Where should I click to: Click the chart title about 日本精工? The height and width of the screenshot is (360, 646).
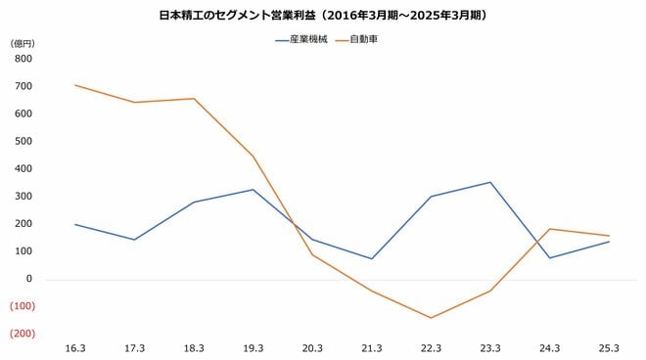[323, 16]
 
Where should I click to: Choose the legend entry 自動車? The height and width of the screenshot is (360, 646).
[362, 41]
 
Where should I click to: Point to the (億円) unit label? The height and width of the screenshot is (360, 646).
[23, 43]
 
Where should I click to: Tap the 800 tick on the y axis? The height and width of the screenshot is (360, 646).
[24, 59]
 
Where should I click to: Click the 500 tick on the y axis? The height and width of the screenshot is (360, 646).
[24, 141]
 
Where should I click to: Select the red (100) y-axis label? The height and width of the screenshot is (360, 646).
[23, 306]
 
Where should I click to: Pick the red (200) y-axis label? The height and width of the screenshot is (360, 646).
[23, 334]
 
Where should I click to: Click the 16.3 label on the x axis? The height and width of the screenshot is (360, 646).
[75, 348]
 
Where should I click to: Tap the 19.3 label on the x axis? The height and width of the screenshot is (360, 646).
[254, 348]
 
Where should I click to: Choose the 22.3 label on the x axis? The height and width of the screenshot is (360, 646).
[431, 348]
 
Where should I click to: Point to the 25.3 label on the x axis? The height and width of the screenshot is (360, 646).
[609, 348]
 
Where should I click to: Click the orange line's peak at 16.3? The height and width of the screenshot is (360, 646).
[75, 85]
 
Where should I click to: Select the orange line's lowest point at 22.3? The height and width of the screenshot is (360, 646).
[431, 318]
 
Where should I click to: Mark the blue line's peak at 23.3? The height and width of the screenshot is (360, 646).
[490, 182]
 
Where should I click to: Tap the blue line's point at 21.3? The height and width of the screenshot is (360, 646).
[372, 258]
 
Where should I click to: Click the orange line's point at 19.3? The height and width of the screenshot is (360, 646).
[254, 157]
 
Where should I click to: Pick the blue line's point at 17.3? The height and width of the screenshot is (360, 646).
[135, 240]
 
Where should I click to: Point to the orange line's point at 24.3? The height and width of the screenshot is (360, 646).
[549, 229]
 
